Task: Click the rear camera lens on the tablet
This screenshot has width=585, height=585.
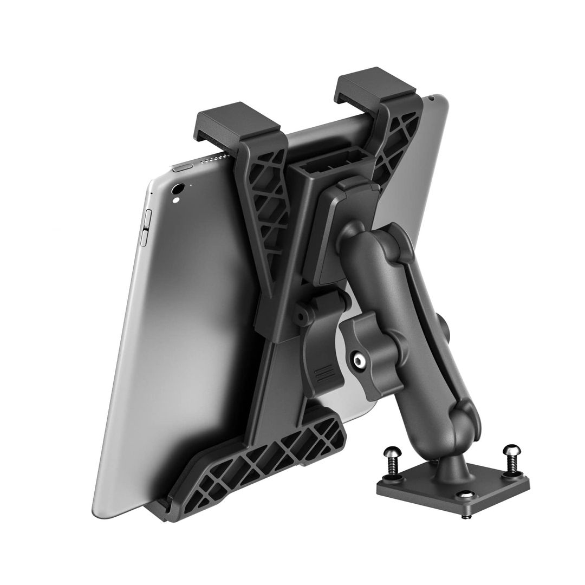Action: click(x=177, y=190)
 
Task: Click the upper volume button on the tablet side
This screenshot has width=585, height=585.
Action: click(x=146, y=220)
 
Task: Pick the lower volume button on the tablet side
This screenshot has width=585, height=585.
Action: click(x=144, y=238)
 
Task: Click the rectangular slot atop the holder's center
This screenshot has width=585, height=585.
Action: click(x=333, y=163)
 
